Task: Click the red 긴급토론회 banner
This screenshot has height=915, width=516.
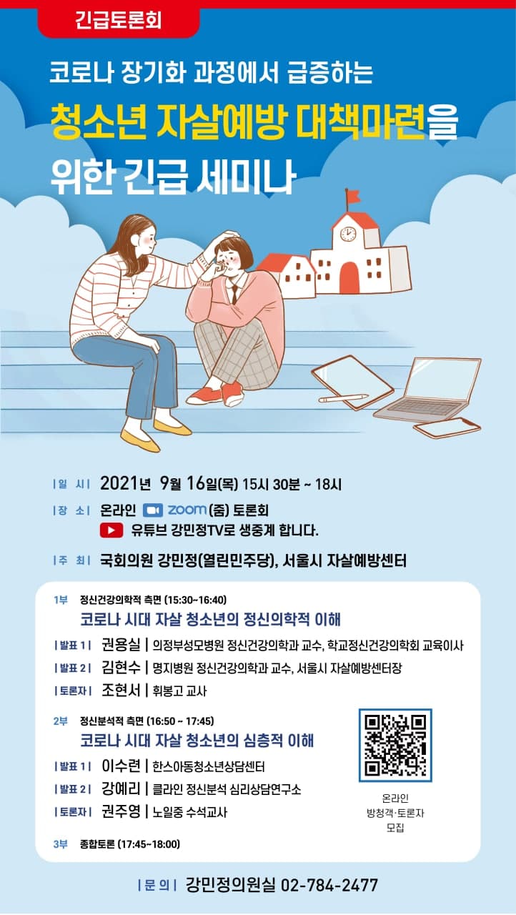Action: pos(119,21)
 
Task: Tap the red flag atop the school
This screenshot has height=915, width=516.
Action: pos(353,196)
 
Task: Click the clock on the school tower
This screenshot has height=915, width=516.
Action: pos(348,234)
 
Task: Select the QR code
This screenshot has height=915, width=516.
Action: pos(395,746)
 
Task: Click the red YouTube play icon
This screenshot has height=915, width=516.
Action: pos(111,530)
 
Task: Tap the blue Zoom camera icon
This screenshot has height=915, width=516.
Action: pos(153,510)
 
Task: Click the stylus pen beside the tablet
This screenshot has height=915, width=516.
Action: pos(343,397)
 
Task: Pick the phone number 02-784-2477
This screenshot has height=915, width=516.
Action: pos(329,885)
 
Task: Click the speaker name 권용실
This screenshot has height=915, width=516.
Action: pos(121,645)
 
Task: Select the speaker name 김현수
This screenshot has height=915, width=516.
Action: pos(121,668)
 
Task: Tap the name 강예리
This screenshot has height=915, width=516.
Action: pos(121,788)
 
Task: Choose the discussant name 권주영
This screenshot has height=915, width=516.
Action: pos(121,811)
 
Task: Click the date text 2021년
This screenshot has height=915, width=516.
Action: pos(125,484)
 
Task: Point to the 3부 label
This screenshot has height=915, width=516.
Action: pos(61,844)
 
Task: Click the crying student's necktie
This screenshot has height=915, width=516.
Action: pos(234,294)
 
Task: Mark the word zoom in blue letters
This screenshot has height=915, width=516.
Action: pos(187,510)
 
